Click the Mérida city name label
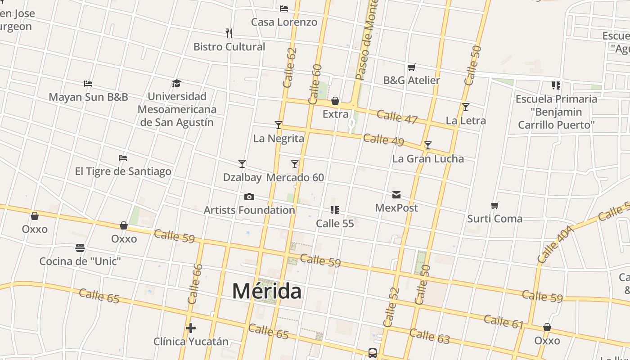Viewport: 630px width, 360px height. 266,291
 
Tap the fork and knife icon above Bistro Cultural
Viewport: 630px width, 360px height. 229,33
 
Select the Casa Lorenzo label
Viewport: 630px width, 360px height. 284,22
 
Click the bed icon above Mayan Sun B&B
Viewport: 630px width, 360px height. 88,84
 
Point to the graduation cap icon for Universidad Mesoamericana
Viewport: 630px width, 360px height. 176,83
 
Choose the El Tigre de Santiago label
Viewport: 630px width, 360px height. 123,171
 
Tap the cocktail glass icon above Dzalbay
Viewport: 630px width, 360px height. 242,164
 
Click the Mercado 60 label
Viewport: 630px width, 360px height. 295,178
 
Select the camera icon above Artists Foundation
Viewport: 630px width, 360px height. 249,197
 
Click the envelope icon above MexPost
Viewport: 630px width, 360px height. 396,195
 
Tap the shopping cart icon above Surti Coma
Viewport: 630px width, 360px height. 495,206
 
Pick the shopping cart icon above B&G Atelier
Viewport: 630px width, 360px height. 411,67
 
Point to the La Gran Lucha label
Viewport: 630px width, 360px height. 428,159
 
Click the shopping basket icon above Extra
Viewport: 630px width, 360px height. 335,101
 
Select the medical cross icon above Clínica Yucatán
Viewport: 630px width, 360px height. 191,328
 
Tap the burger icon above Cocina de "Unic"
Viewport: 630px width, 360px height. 80,248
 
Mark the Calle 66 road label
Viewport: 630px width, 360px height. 195,284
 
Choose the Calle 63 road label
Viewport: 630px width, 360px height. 430,336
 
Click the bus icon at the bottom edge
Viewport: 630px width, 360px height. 373,353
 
